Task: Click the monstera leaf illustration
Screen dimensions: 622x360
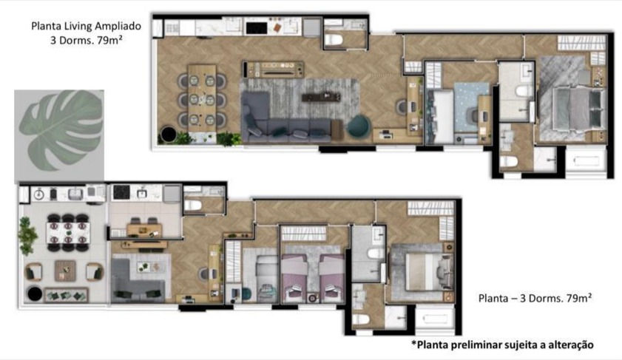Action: tap(61, 130)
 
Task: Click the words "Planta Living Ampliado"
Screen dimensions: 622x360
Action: tap(86, 26)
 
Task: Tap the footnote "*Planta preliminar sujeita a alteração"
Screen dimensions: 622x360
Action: tap(503, 344)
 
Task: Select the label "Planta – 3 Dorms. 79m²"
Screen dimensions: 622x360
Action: tap(535, 298)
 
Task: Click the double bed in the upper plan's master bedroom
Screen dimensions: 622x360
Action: tap(578, 108)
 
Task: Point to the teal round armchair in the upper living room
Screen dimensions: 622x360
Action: tap(359, 126)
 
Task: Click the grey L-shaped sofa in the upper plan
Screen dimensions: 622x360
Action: tap(277, 120)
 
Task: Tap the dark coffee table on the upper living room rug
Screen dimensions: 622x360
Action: tap(321, 96)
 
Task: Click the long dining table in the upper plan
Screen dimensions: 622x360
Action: tap(202, 98)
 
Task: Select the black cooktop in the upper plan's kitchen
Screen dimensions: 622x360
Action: tap(256, 28)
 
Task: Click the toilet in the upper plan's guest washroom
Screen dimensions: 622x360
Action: tap(334, 40)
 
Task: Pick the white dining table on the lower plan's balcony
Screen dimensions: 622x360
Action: tap(68, 233)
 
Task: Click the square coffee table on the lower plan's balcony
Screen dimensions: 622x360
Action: tap(65, 271)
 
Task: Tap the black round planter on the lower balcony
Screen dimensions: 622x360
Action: tap(35, 293)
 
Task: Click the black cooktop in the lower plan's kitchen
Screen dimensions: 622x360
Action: tap(121, 192)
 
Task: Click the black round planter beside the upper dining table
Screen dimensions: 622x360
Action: tap(168, 135)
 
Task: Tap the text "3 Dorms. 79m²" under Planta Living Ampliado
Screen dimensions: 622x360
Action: tap(86, 41)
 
